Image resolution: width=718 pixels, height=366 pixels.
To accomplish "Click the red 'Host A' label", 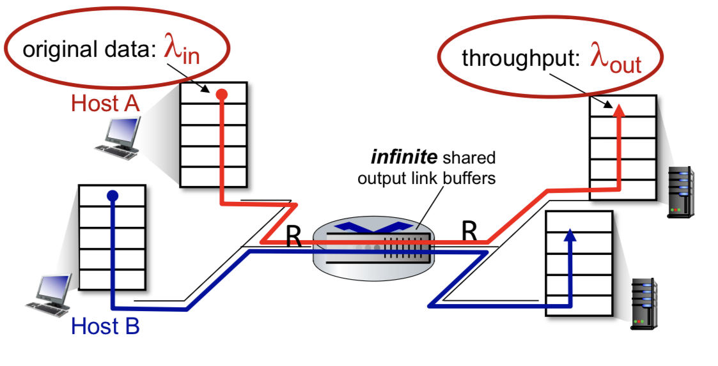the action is pyautogui.click(x=105, y=103).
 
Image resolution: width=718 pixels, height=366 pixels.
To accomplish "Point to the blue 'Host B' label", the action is pyautogui.click(x=105, y=326).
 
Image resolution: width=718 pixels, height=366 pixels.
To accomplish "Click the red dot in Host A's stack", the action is pyautogui.click(x=222, y=95).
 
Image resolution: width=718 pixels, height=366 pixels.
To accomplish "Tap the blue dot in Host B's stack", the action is pyautogui.click(x=113, y=196).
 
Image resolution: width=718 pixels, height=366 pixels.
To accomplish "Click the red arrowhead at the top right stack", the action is pyautogui.click(x=619, y=111).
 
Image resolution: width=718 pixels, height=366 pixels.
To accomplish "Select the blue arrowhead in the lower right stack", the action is pyautogui.click(x=570, y=235).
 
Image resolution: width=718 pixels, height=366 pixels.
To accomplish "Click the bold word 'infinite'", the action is pyautogui.click(x=404, y=157).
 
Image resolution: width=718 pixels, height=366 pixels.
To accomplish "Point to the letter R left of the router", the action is pyautogui.click(x=293, y=236).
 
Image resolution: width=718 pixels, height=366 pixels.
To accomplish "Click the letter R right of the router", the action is pyautogui.click(x=469, y=231).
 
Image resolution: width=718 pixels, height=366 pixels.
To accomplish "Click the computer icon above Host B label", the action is pyautogui.click(x=49, y=296).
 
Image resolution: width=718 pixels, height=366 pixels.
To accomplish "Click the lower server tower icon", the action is pyautogui.click(x=644, y=304).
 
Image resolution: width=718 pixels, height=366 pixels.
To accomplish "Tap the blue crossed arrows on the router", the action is pyautogui.click(x=372, y=227).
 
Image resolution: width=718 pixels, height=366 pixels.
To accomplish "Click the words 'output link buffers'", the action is pyautogui.click(x=426, y=178).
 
